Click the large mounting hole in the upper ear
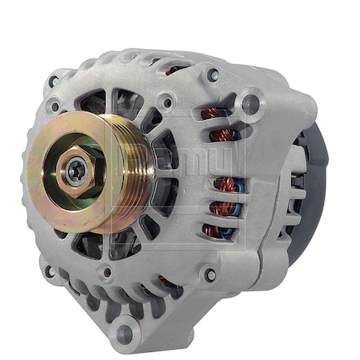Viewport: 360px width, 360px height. [250, 102]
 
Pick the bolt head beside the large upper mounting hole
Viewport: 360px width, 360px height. [213, 75]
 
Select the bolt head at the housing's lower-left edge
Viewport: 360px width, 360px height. [50, 272]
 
